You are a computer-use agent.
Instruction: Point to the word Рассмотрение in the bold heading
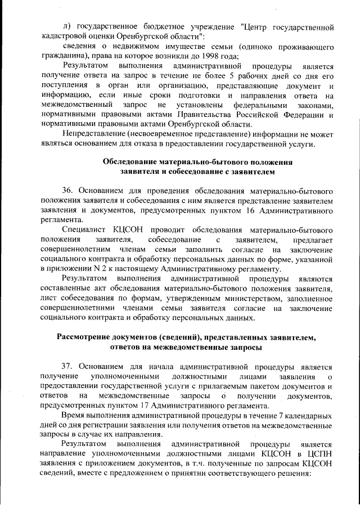[87, 337]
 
